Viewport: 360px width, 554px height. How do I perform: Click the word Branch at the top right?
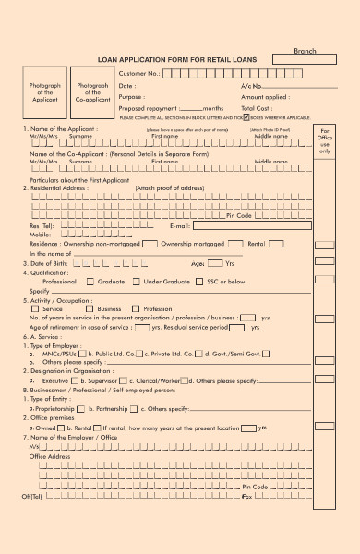tap(305, 51)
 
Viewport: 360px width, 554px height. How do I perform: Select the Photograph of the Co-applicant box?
tap(92, 93)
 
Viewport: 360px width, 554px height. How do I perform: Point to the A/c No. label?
tap(252, 86)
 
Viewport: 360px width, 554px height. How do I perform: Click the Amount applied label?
tap(265, 96)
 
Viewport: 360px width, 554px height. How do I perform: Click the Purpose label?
tap(132, 96)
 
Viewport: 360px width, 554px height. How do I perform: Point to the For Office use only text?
tap(324, 144)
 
